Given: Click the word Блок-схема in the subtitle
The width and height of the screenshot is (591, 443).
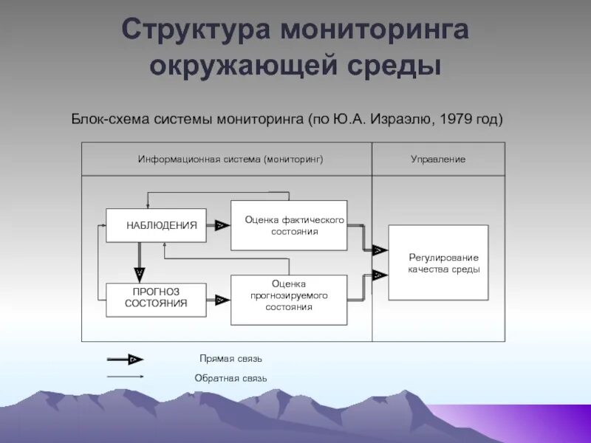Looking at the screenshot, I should pyautogui.click(x=109, y=119).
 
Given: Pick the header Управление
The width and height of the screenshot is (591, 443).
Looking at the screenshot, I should pyautogui.click(x=438, y=159).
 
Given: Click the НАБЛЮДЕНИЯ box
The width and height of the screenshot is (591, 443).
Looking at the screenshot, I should pyautogui.click(x=156, y=225).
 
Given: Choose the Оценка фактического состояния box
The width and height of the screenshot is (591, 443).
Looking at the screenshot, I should pyautogui.click(x=289, y=225).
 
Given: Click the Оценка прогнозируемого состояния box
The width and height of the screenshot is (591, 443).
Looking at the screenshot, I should pyautogui.click(x=289, y=300).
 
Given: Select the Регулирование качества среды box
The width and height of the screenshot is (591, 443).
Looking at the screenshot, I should pyautogui.click(x=439, y=263).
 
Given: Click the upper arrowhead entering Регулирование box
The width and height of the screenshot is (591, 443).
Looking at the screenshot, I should pyautogui.click(x=379, y=250).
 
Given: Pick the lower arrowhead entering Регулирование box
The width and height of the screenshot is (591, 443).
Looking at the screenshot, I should pyautogui.click(x=379, y=275).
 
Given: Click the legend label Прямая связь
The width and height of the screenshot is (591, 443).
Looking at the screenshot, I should pyautogui.click(x=230, y=359).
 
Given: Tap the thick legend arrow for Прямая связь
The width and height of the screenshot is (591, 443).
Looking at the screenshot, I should pyautogui.click(x=126, y=360).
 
